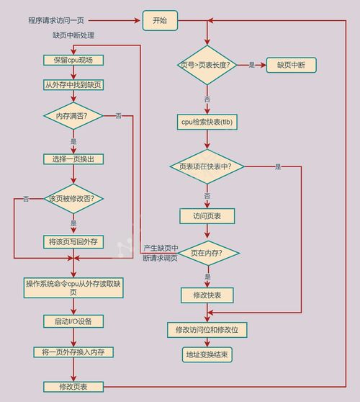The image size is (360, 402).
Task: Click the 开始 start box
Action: [x=160, y=20]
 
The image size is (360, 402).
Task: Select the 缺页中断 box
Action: [x=292, y=65]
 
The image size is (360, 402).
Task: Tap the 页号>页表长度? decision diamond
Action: [x=207, y=65]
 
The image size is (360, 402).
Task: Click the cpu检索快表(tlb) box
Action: [x=207, y=122]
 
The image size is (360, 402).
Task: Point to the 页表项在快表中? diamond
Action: [x=207, y=166]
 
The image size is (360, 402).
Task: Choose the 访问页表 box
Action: [x=207, y=216]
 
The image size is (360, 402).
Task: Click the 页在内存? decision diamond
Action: [x=208, y=253]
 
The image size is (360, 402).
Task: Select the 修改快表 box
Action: [x=207, y=295]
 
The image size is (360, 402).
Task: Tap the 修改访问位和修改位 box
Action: [x=207, y=330]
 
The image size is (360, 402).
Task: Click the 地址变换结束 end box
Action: [x=207, y=355]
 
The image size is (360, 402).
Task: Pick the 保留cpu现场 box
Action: [x=73, y=61]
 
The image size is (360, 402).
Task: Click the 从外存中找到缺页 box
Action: [x=73, y=85]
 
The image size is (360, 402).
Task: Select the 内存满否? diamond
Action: [x=73, y=116]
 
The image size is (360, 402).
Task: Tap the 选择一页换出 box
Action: [x=73, y=159]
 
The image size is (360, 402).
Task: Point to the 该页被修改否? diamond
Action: [x=73, y=199]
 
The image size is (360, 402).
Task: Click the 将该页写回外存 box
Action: [x=73, y=242]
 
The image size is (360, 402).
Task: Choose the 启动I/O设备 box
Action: [x=73, y=321]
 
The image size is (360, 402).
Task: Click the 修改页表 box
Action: [x=73, y=387]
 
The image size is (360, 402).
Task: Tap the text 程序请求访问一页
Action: [x=56, y=20]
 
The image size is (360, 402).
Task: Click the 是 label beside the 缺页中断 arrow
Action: [x=252, y=65]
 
